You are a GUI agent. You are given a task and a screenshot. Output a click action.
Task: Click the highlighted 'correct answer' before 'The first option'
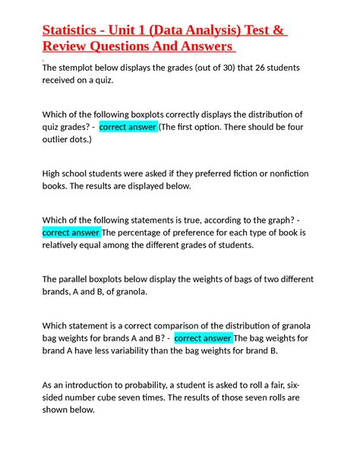pyautogui.click(x=128, y=127)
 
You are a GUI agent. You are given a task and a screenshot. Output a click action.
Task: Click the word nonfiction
pyautogui.click(x=283, y=173)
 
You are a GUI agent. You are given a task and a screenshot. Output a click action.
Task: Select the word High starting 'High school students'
pyautogui.click(x=54, y=173)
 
